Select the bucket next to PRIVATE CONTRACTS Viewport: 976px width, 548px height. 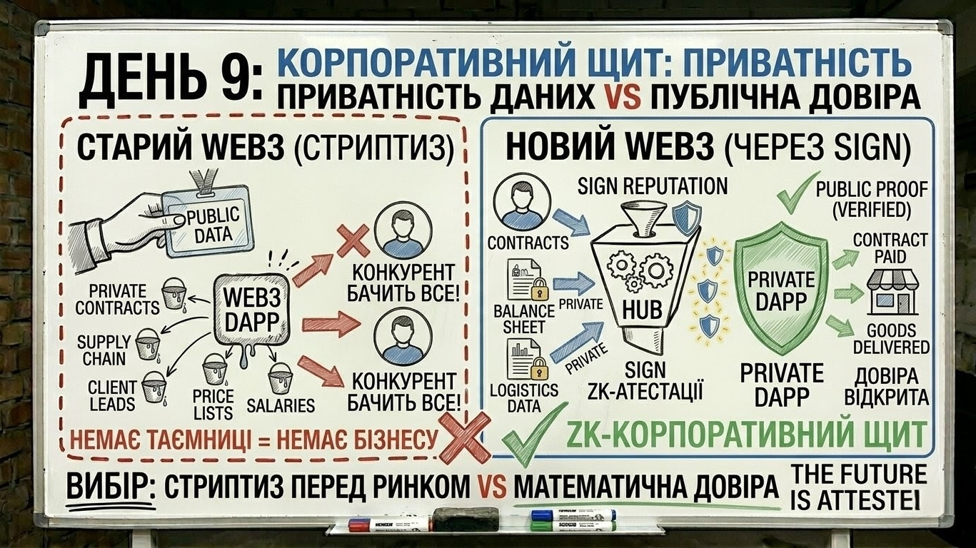(x=173, y=293)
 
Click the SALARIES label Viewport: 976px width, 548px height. (x=281, y=405)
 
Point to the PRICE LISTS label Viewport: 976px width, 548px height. (x=213, y=404)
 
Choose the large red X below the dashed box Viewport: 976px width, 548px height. (x=463, y=437)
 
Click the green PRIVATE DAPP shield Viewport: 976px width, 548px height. (x=781, y=289)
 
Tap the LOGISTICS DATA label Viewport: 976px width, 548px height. (x=524, y=397)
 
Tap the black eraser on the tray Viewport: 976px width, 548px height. (x=466, y=519)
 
